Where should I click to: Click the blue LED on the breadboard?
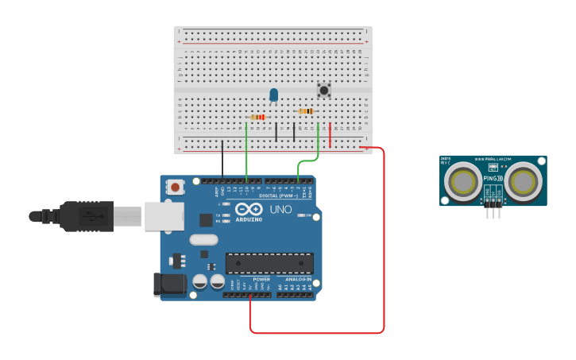click(274, 95)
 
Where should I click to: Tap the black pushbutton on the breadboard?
click(323, 90)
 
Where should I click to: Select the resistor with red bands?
click(257, 117)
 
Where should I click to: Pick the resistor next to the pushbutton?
click(305, 111)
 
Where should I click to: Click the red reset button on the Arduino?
click(174, 188)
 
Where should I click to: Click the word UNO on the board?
click(281, 209)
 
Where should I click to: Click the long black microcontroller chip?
click(269, 263)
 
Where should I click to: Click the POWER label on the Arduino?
click(261, 280)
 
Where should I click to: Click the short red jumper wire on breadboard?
click(331, 129)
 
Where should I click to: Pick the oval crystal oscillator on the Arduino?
click(203, 239)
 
